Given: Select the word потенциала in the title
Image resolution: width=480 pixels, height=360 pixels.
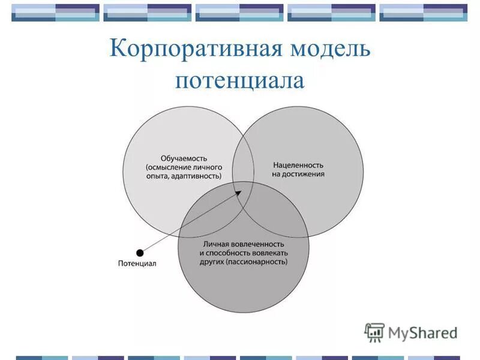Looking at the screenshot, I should coord(240,80).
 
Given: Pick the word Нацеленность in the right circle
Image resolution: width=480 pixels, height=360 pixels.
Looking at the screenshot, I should coord(298,164).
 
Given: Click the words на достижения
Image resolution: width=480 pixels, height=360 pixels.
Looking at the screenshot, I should coord(298,174).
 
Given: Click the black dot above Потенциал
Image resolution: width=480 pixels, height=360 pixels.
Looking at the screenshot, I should coord(140,253).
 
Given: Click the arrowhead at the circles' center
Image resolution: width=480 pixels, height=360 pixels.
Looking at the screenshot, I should coord(240,192).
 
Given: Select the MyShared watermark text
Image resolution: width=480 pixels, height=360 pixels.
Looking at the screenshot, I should coord(422,332).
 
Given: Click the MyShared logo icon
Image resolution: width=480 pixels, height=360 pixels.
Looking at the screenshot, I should coord(374,332).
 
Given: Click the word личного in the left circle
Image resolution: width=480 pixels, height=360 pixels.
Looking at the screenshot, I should coord(208,167).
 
